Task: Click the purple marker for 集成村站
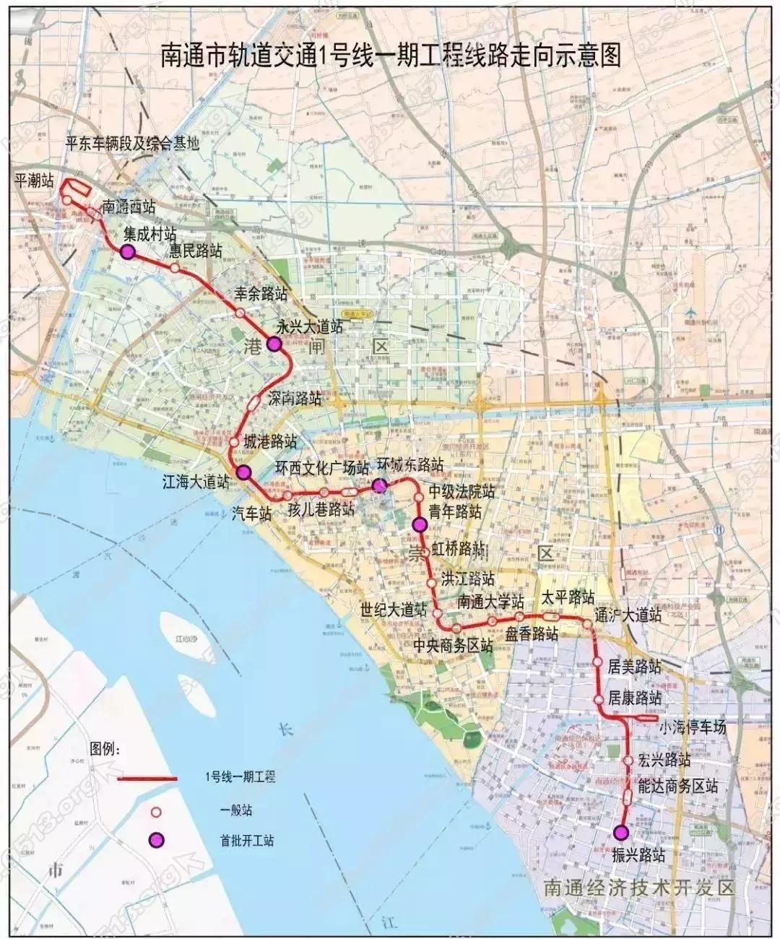127,252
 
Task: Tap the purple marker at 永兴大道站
274,344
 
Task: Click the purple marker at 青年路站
419,524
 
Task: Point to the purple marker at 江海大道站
244,472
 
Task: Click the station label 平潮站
34,181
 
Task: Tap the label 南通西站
129,207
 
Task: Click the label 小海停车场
692,728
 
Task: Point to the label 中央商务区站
454,646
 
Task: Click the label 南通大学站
491,602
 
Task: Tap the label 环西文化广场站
323,468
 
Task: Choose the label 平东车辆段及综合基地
131,143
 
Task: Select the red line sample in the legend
148,779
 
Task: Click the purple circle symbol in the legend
155,840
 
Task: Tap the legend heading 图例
106,747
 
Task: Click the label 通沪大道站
626,615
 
